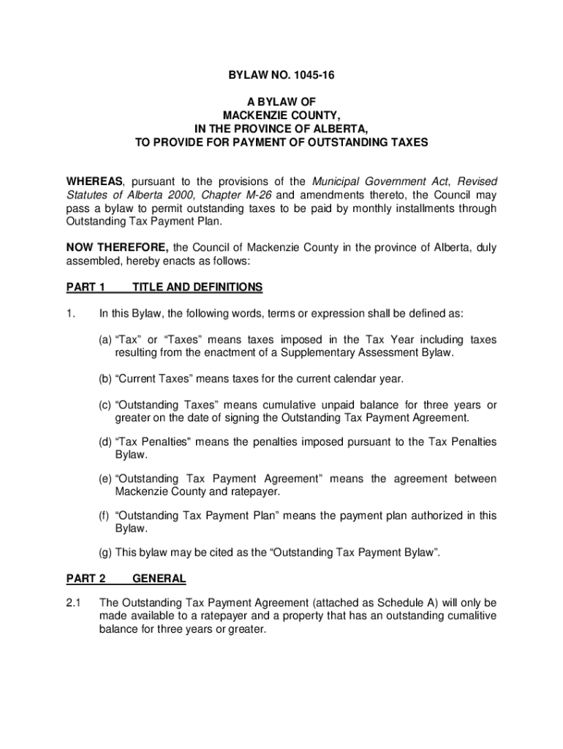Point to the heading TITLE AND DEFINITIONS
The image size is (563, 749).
197,287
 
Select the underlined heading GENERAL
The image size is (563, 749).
159,579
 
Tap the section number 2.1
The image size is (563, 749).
75,603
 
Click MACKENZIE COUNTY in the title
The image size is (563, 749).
281,115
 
